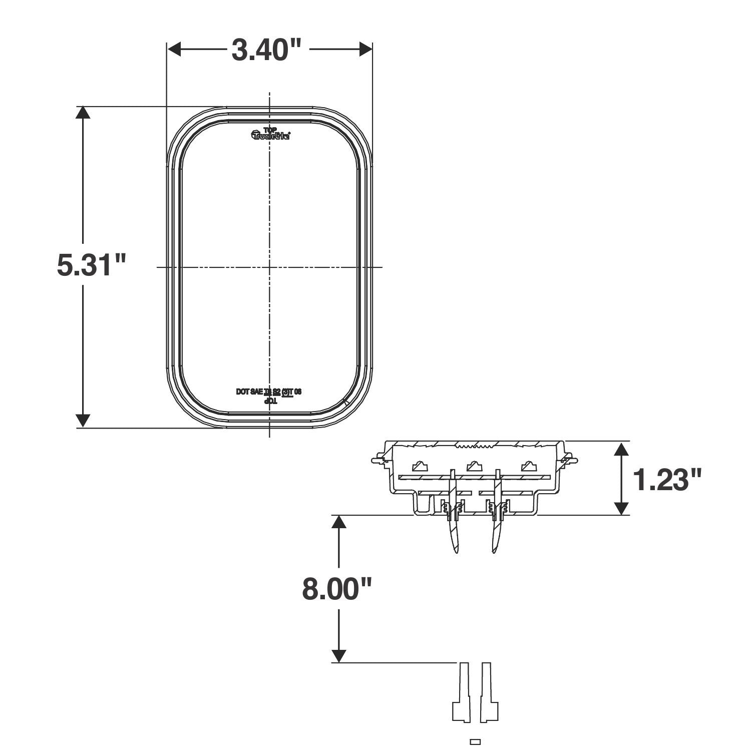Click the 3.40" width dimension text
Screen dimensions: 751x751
pos(266,50)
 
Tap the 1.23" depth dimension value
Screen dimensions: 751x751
pos(667,479)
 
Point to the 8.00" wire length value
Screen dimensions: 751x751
pos(338,588)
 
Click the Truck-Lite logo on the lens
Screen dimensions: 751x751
pos(270,135)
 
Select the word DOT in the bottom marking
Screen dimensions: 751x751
pos(243,392)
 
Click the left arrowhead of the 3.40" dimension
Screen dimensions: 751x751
pos(173,49)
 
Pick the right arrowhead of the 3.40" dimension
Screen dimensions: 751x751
pos(366,49)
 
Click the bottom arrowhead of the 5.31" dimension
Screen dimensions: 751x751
pos(83,421)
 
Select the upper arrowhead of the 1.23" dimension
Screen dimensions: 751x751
pos(621,448)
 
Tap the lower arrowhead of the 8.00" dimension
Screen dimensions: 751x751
pos(339,656)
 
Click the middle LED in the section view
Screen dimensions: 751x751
pos(474,467)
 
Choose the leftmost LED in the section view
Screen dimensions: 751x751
pos(420,467)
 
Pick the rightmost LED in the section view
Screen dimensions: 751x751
pos(529,467)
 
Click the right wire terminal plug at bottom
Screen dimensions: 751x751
pos(489,693)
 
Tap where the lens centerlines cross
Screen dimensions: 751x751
pos(270,267)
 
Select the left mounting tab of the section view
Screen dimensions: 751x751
pos(379,459)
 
